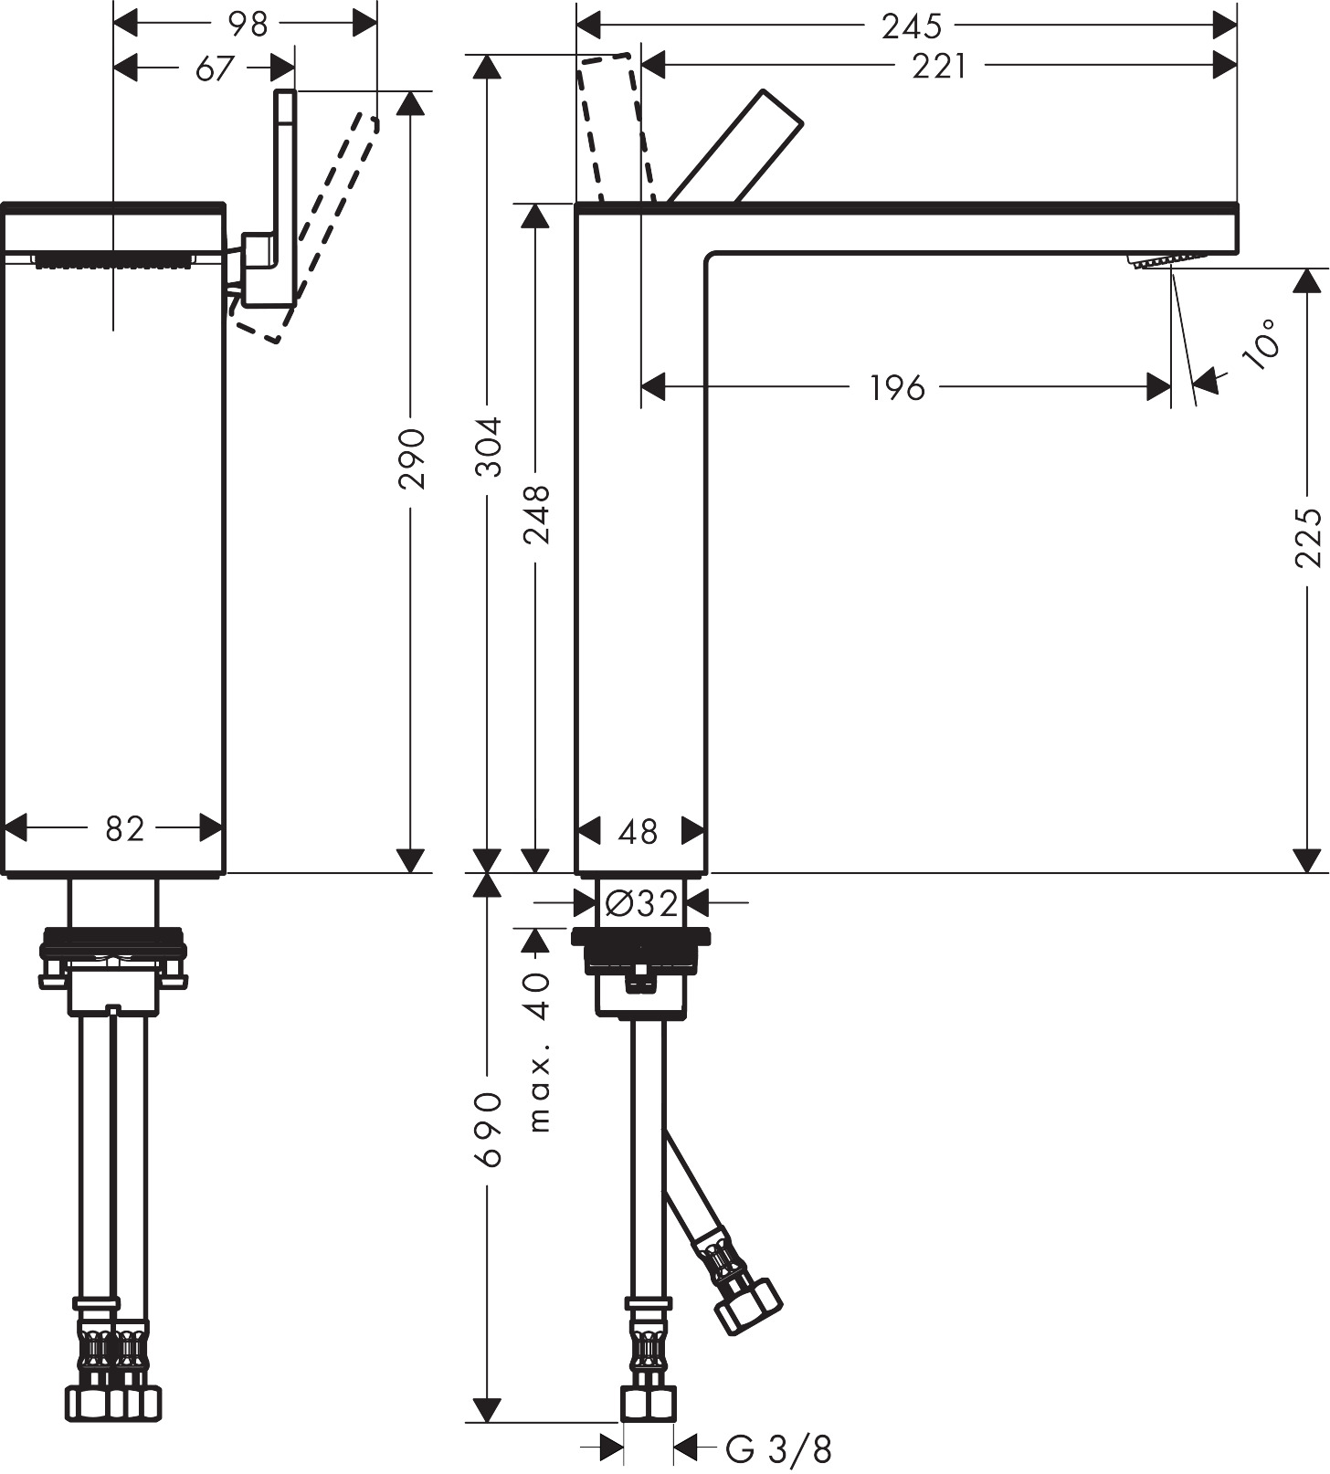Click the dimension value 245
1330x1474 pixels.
click(x=911, y=26)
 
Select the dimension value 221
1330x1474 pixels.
click(x=938, y=66)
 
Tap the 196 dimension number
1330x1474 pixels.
click(x=896, y=388)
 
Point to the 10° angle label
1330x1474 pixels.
click(x=1263, y=343)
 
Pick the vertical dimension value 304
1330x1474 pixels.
click(x=491, y=447)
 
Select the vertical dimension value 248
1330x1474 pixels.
click(x=537, y=515)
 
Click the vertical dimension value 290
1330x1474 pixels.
click(x=413, y=458)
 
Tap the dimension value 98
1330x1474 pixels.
click(x=247, y=25)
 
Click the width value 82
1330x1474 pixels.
click(x=124, y=829)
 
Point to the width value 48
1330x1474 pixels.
click(x=638, y=832)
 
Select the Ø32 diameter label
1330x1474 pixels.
click(x=641, y=904)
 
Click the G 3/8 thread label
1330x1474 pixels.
click(x=778, y=1448)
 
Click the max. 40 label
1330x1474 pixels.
click(x=539, y=1050)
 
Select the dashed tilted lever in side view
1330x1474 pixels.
click(x=617, y=128)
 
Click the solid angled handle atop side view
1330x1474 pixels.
click(x=738, y=146)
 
